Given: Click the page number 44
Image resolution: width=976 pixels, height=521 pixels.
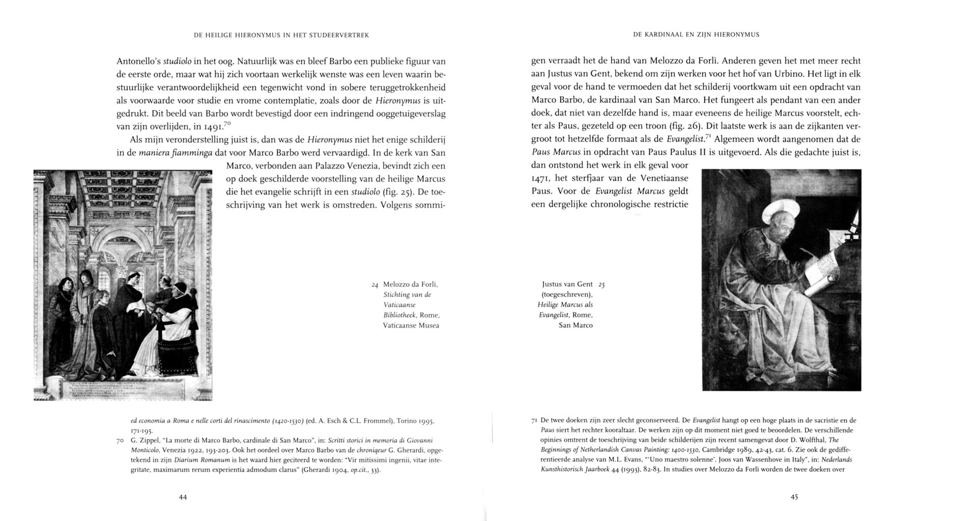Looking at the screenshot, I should click(183, 497).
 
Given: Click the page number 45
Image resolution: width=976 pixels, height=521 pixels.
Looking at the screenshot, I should click(794, 497).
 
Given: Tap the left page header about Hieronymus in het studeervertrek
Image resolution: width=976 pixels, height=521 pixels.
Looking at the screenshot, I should click(281, 35).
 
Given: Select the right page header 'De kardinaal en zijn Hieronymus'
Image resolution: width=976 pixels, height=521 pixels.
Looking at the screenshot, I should click(696, 35).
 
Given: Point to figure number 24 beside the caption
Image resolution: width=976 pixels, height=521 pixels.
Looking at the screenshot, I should click(375, 285).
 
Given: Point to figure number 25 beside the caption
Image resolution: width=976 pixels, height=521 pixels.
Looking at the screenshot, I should click(601, 285).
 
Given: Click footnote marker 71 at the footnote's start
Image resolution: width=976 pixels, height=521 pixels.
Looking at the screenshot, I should click(534, 421).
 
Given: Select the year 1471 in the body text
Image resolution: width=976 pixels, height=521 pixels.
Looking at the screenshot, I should click(540, 179).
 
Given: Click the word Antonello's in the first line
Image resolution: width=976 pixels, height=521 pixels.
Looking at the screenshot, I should click(138, 61).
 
